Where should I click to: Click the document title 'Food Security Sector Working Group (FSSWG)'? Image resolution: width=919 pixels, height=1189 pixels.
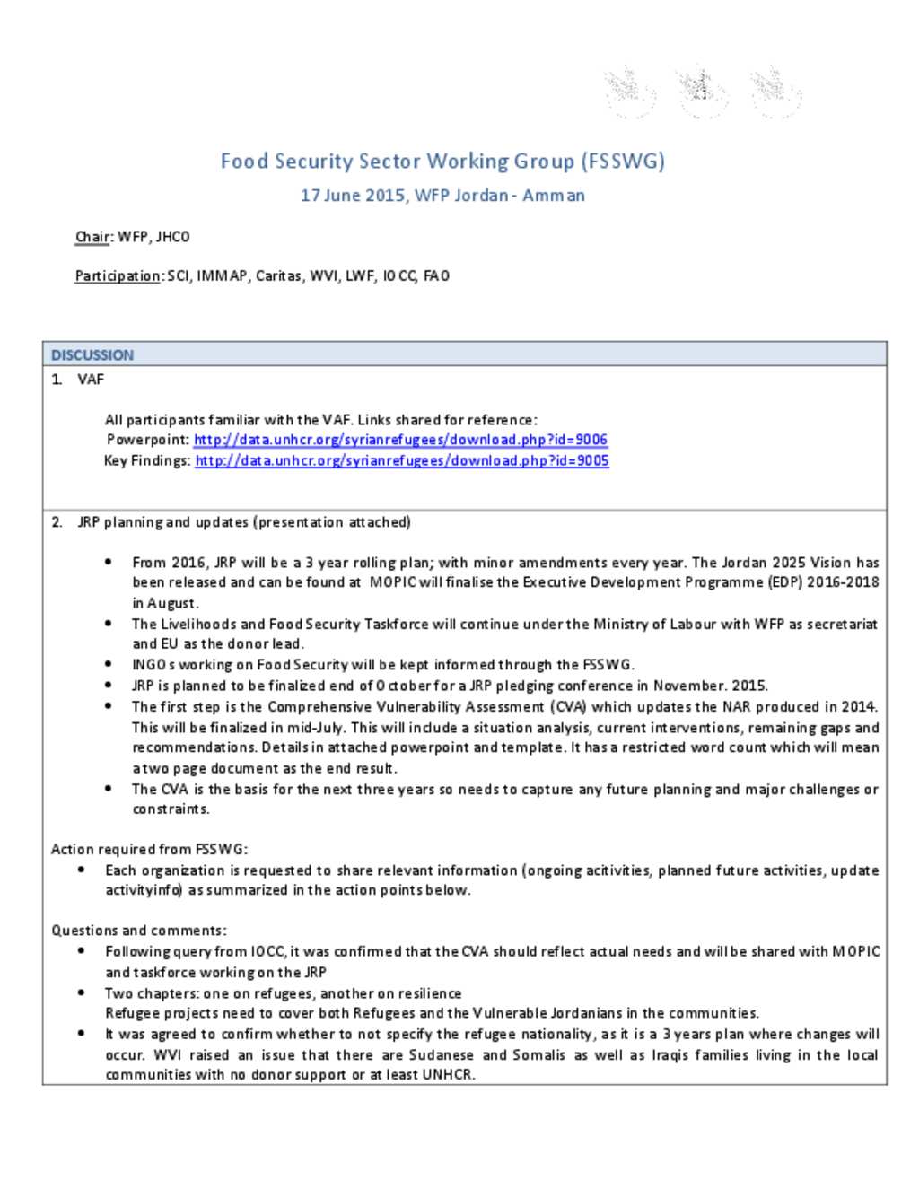(442, 162)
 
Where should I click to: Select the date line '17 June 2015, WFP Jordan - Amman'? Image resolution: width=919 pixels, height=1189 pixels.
(442, 196)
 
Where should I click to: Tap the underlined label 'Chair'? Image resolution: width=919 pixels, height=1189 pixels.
(92, 237)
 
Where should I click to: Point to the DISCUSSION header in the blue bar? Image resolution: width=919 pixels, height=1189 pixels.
(92, 355)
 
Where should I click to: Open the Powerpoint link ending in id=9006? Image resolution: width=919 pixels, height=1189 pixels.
(400, 440)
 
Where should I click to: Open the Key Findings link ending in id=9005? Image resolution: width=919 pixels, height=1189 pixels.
(401, 461)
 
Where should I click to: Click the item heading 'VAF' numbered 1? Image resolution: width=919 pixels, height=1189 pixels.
(91, 380)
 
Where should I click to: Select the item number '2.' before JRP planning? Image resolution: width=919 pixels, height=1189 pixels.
(57, 522)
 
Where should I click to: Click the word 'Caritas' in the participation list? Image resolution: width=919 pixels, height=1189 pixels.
(278, 276)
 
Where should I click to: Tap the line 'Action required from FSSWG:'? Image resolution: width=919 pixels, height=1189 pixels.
(149, 849)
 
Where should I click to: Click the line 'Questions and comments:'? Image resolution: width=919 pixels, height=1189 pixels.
(138, 931)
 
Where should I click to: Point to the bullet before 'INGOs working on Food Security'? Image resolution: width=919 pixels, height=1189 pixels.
(109, 665)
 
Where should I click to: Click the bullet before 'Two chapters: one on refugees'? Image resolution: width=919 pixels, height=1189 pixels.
(82, 993)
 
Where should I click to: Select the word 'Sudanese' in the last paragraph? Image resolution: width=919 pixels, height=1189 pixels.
(441, 1055)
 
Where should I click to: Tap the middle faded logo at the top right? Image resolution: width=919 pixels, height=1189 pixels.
(702, 91)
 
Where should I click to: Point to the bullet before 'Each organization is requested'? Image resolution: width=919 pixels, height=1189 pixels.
(82, 870)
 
